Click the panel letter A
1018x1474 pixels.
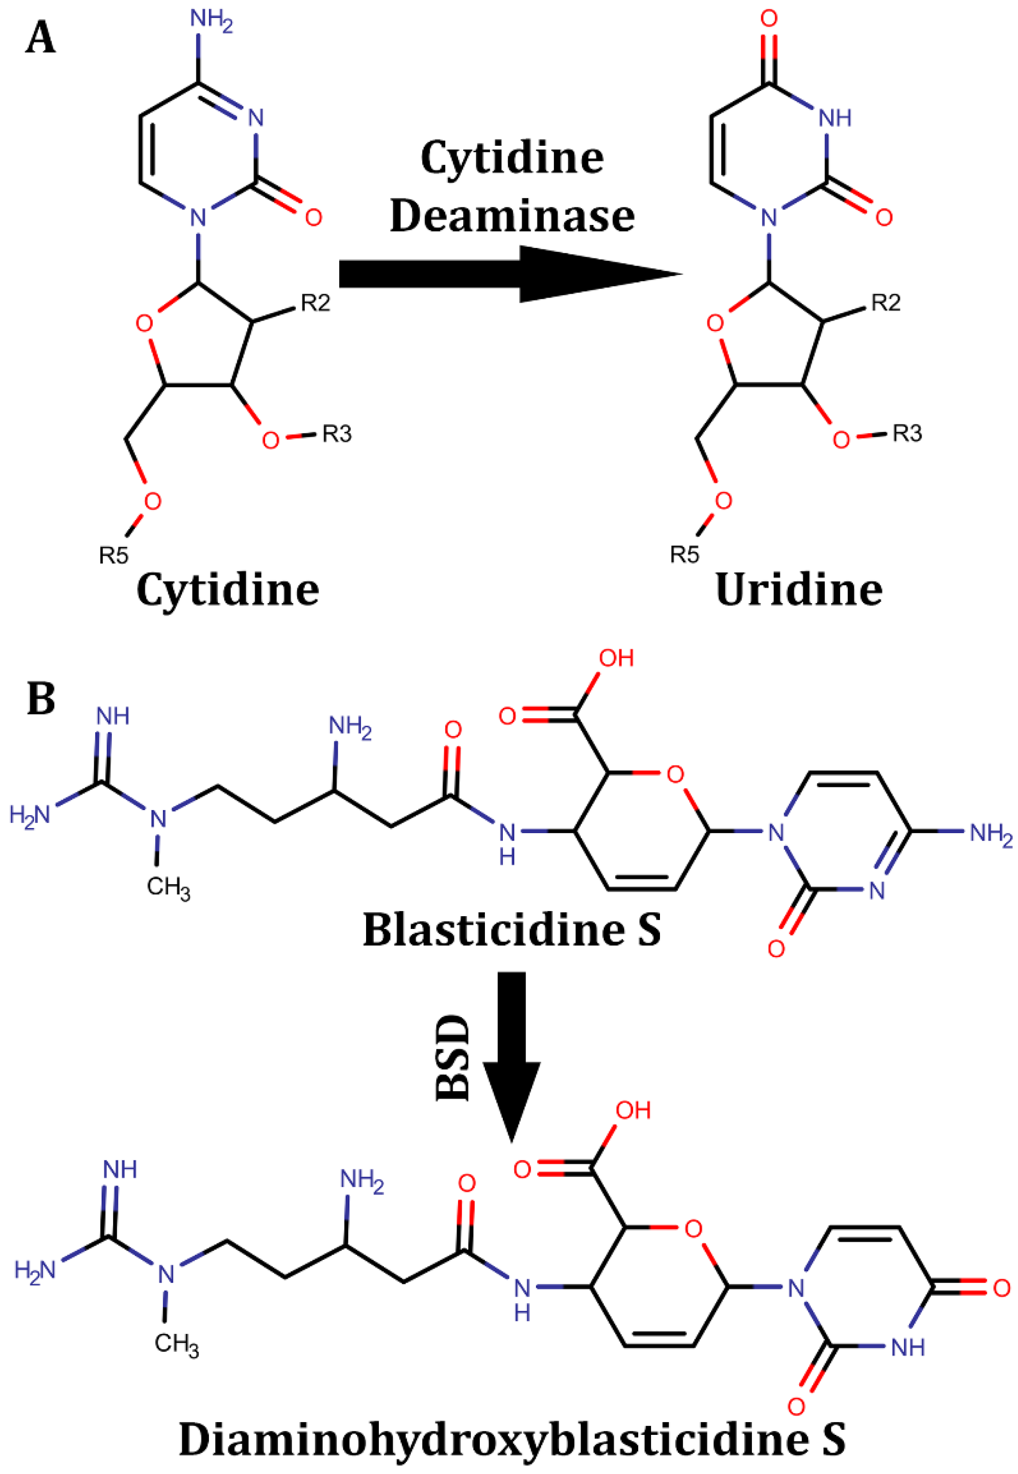[x=40, y=38]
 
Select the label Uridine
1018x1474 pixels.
[x=799, y=590]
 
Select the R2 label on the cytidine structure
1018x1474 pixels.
[x=316, y=304]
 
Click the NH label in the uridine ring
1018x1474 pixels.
[x=835, y=118]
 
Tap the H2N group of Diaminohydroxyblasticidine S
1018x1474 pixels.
[x=35, y=1270]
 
